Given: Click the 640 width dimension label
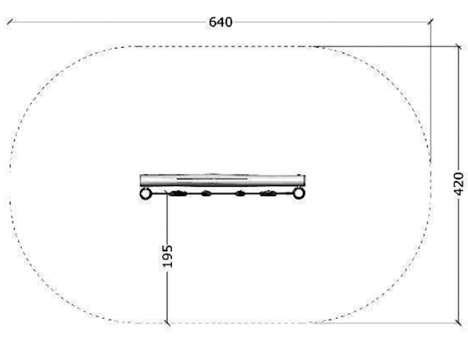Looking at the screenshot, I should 221,22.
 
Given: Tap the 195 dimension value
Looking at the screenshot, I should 167,256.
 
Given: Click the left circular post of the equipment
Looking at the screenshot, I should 146,194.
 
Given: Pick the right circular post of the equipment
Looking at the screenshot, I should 298,193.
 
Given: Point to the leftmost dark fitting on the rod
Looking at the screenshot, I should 178,193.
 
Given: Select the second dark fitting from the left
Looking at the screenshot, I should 206,193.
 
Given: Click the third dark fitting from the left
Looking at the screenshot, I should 239,193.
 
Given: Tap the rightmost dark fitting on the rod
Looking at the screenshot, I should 268,193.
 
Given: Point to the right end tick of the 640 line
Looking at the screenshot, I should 431,22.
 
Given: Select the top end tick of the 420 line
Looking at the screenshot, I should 458,46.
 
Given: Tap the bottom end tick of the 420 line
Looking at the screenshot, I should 458,322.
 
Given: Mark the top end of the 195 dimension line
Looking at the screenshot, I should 167,194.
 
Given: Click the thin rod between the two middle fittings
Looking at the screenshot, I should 223,193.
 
